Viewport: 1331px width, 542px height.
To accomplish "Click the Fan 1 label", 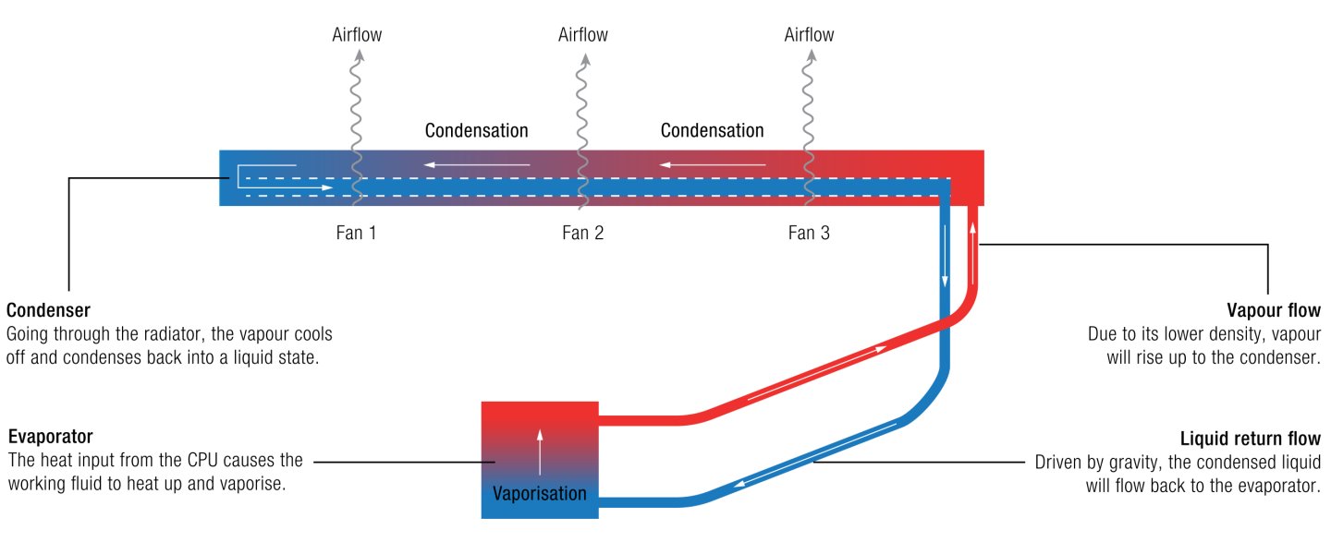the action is pyautogui.click(x=356, y=233).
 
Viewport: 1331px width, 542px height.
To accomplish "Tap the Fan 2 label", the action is pyautogui.click(x=583, y=233).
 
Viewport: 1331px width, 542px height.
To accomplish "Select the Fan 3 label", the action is pyautogui.click(x=809, y=233).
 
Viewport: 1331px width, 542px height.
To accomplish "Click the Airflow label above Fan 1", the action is pyautogui.click(x=357, y=34).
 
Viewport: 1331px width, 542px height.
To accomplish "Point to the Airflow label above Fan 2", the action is pyautogui.click(x=583, y=34).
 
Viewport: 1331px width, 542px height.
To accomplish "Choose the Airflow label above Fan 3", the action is pyautogui.click(x=809, y=34).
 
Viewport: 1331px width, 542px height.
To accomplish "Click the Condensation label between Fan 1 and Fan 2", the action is pyautogui.click(x=477, y=130).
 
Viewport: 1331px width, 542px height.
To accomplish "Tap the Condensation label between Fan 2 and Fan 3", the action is pyautogui.click(x=713, y=130).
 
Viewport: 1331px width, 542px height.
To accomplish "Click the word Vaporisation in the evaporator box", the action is pyautogui.click(x=540, y=493).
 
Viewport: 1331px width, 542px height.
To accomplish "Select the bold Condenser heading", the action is pyautogui.click(x=48, y=310).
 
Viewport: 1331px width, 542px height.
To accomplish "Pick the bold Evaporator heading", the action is pyautogui.click(x=51, y=437).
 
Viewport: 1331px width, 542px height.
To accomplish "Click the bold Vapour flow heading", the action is pyautogui.click(x=1274, y=310).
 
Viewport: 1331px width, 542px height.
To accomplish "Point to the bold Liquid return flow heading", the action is pyautogui.click(x=1251, y=438).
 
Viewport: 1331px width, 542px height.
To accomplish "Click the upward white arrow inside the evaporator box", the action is pyautogui.click(x=540, y=452).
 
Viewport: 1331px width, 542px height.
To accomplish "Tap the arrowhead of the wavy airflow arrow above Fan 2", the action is pyautogui.click(x=586, y=59).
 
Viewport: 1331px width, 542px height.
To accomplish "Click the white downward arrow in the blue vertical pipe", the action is pyautogui.click(x=945, y=255).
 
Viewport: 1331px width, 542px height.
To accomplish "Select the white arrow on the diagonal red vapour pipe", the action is pyautogui.click(x=817, y=372).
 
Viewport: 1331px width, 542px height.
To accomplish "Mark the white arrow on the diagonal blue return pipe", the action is pyautogui.click(x=815, y=455).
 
